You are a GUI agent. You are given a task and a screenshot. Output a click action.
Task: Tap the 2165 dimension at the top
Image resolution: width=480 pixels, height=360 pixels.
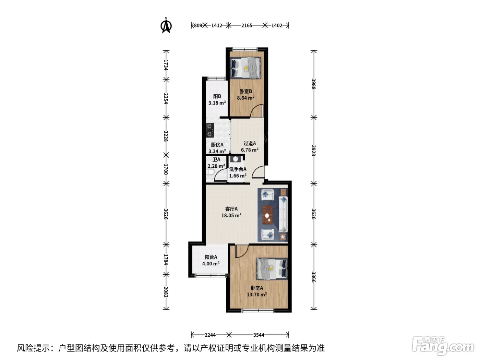click(x=247, y=26)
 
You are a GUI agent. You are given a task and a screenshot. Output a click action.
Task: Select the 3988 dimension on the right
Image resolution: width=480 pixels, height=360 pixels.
click(x=313, y=84)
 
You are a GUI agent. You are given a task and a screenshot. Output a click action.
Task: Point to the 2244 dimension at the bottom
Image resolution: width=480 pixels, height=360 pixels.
click(x=210, y=335)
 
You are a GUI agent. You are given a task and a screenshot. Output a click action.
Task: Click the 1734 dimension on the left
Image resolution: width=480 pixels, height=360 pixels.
click(x=166, y=65)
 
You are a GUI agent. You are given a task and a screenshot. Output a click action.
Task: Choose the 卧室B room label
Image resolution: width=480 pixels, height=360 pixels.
click(x=246, y=91)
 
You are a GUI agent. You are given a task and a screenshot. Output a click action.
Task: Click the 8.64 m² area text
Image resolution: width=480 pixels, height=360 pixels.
click(x=246, y=98)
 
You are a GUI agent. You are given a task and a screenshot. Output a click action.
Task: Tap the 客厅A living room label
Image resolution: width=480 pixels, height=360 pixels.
click(x=231, y=209)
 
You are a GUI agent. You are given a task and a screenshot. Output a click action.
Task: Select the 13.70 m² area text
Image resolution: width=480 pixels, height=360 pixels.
click(x=257, y=295)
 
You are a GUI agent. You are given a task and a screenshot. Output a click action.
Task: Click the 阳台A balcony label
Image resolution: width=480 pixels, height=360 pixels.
click(x=211, y=257)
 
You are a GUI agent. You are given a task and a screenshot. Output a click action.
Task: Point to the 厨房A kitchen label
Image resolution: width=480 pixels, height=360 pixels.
click(x=217, y=145)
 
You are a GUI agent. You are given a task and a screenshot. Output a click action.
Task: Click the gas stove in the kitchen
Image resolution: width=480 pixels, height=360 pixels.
click(x=210, y=130)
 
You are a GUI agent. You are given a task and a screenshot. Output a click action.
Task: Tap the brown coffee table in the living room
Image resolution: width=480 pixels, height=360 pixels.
click(x=268, y=215)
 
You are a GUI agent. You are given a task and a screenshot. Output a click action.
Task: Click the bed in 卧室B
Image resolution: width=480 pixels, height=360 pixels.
click(x=245, y=68)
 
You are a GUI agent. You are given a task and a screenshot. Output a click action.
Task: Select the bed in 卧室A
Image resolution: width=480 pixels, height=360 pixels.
click(x=272, y=269)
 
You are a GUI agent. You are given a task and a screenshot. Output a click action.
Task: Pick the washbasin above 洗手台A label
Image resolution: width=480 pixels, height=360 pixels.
click(x=235, y=159)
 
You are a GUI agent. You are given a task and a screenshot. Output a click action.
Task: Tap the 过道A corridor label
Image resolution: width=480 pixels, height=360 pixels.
click(x=250, y=143)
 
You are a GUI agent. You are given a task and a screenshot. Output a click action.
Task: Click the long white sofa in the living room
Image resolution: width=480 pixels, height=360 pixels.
click(x=283, y=214)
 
